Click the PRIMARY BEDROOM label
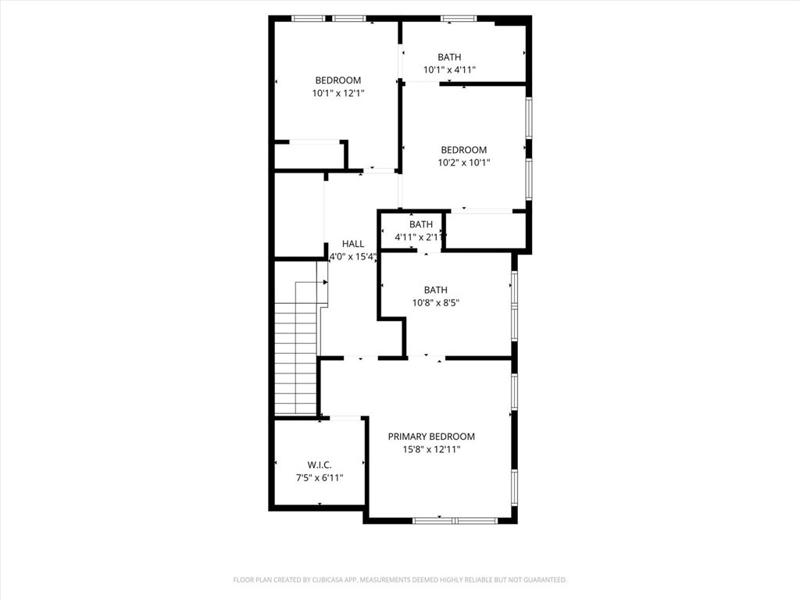(431, 437)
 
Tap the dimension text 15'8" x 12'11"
(431, 450)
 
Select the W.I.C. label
(320, 465)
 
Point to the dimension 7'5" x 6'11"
(320, 478)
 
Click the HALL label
(353, 244)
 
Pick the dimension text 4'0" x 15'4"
(353, 256)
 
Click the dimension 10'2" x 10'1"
(464, 163)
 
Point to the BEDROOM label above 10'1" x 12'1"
(337, 80)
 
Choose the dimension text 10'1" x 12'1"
(338, 93)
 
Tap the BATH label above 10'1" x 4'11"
(449, 57)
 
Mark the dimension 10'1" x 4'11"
(450, 70)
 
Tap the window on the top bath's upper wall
(459, 18)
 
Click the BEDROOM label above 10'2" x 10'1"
(464, 150)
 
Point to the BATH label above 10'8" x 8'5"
(436, 290)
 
